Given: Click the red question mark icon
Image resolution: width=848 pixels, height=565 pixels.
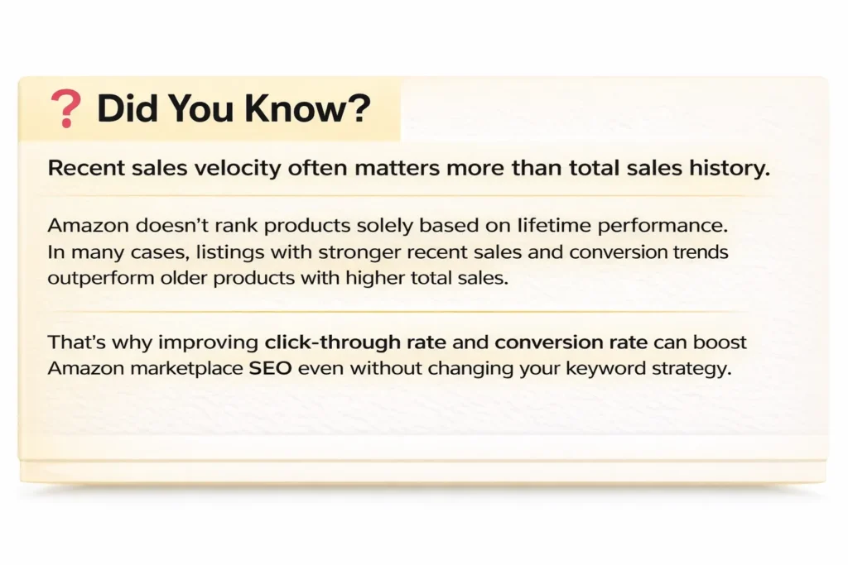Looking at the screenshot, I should (65, 109).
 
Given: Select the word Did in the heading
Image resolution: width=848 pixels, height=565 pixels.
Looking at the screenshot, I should (125, 109).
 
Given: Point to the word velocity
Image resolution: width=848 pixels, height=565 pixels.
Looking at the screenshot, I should (239, 168).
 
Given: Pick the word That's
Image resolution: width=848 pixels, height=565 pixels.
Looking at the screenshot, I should (75, 341).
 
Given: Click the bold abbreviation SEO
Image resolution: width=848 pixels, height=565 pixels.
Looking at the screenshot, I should (269, 368).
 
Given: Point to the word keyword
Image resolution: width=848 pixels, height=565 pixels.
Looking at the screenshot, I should (595, 368).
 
